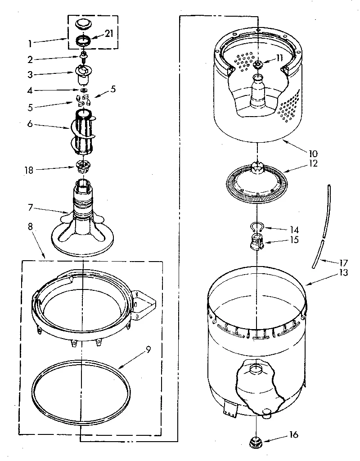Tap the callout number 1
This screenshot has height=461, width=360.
(30, 44)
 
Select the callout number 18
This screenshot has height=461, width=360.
(28, 170)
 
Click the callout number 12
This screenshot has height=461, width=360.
(313, 163)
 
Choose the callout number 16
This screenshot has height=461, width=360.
(294, 435)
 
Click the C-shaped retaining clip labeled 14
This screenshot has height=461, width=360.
(255, 227)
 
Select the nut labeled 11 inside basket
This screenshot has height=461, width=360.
(258, 64)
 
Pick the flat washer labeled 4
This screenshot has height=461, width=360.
(83, 90)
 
